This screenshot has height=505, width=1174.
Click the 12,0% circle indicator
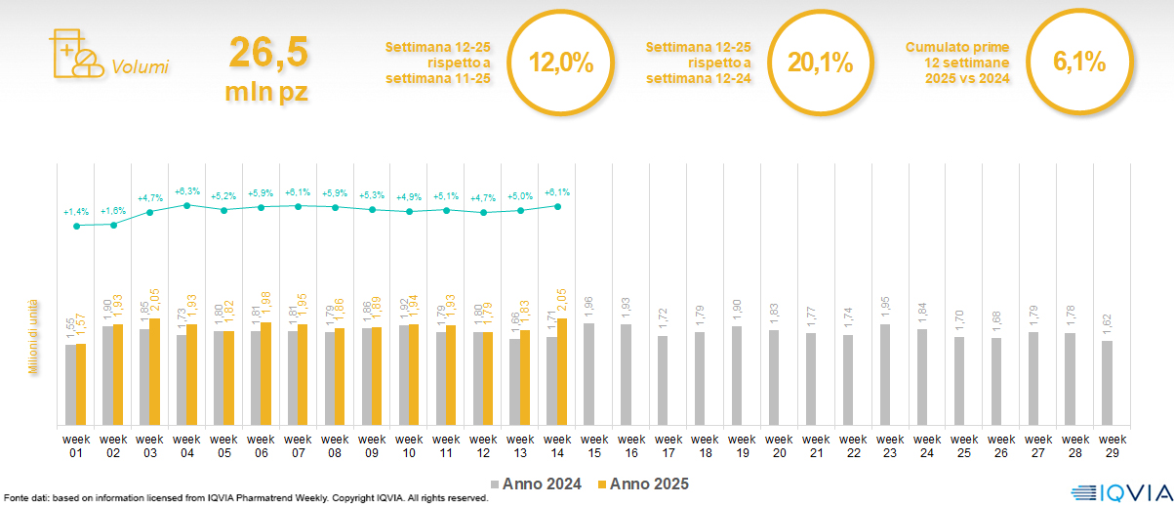560,63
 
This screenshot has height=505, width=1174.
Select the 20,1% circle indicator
820,63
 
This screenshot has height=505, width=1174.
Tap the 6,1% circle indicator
1078,63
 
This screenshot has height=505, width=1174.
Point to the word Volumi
141,67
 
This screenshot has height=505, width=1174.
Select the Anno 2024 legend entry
536,484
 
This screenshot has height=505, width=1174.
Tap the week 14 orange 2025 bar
562,372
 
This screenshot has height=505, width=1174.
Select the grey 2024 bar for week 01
70,385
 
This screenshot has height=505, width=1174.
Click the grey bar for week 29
1107,383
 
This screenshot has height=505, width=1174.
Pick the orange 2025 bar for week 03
154,372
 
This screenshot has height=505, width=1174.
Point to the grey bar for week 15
588,374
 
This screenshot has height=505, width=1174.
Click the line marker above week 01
77,226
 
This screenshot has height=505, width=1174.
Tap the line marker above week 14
557,206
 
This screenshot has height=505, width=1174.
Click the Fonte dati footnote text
244,498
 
